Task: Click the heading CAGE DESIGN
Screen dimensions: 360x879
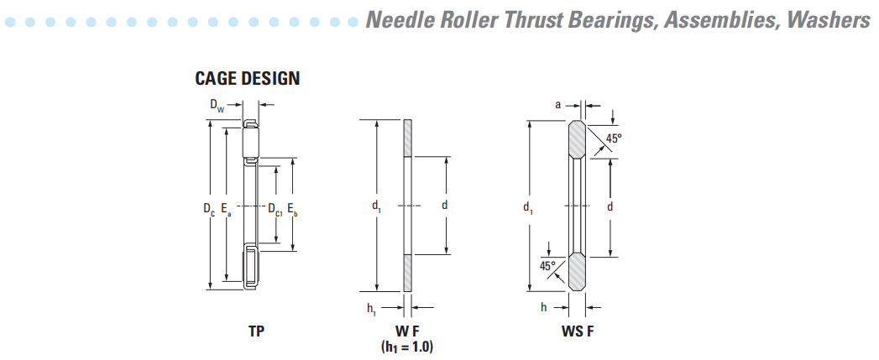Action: tap(248, 79)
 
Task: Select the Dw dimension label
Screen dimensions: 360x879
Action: tap(217, 106)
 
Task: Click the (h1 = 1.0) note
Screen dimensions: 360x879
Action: tap(407, 346)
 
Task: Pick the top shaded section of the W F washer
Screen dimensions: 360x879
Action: tap(408, 138)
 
